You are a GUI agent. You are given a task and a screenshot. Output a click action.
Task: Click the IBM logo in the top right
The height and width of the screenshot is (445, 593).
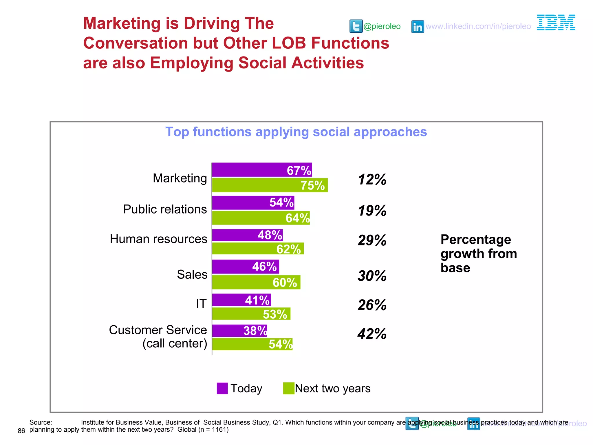(556, 23)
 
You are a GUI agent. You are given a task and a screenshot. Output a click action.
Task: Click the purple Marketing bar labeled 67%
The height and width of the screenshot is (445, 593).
(262, 170)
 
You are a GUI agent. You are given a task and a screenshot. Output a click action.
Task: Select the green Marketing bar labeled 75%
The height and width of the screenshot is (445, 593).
(270, 185)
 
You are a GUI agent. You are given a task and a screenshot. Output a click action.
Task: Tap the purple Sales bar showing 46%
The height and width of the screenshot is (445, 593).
(245, 267)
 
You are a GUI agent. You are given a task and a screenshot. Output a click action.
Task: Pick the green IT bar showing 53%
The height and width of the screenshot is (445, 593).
(251, 314)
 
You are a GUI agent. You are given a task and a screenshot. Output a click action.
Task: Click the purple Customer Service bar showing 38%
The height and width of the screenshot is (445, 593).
(239, 331)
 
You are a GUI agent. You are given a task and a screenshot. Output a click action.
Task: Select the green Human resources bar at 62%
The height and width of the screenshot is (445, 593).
(258, 249)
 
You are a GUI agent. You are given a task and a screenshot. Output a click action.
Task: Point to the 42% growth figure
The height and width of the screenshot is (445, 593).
(372, 334)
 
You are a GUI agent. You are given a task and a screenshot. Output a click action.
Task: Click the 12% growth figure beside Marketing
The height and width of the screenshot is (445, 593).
(372, 179)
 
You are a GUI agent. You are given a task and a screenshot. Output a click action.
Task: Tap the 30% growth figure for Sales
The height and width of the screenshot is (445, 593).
(372, 276)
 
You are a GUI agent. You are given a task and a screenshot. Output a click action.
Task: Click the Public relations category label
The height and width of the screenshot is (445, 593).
(165, 209)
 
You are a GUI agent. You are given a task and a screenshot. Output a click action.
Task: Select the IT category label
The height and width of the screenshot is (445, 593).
(201, 303)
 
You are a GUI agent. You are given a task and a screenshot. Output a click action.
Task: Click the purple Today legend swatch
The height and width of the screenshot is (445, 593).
(222, 389)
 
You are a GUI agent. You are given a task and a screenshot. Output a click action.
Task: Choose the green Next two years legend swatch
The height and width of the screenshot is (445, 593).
(288, 389)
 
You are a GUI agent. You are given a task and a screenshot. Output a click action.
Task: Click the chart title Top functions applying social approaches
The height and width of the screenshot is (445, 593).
(296, 132)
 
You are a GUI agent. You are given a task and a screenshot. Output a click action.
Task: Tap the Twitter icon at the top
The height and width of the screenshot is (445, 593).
(356, 26)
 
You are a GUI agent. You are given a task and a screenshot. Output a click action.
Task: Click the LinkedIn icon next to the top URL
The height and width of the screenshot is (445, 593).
(418, 27)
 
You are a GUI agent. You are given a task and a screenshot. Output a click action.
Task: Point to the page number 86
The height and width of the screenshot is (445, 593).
(21, 431)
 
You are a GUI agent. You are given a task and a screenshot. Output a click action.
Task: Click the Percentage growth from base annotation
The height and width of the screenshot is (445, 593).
(478, 253)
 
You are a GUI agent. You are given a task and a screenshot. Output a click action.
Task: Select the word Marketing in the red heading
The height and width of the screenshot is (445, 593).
(122, 23)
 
